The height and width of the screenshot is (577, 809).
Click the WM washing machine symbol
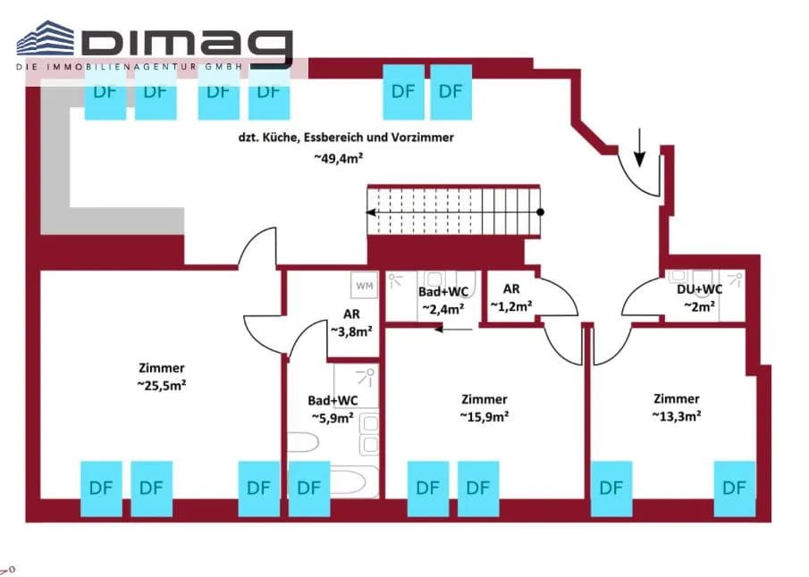364,285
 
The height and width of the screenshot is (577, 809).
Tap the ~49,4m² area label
339,158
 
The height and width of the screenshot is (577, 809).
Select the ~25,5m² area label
162,385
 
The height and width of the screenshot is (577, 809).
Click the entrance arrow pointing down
639,147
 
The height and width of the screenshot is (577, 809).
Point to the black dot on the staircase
540,212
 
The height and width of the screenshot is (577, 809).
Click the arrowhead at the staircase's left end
370,212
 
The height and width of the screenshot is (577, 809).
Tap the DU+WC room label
700,289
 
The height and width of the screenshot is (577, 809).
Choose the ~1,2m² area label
511,306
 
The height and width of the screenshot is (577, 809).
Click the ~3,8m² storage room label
351,331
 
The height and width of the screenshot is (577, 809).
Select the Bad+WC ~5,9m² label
333,409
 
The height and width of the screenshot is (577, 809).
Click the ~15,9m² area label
485,415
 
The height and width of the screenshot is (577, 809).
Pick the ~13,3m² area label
677,415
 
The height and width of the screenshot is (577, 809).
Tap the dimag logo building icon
46,38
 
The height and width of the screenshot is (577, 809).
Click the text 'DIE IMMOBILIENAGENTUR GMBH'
129,66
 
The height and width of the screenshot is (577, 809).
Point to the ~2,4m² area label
442,309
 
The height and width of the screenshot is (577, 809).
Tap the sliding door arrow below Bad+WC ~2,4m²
453,329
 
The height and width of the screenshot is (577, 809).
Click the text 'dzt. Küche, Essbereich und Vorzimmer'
346,138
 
